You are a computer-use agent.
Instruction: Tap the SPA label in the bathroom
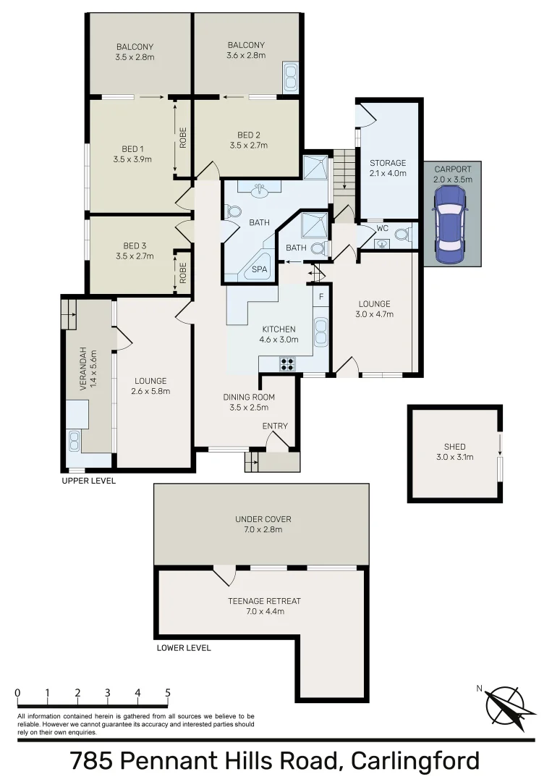(x=258, y=269)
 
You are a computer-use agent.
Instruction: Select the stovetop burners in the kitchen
(x=287, y=364)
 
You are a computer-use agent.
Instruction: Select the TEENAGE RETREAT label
(x=264, y=601)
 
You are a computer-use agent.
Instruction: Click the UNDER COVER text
(x=263, y=519)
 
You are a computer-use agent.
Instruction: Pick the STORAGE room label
(x=388, y=163)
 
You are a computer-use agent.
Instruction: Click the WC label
(x=383, y=228)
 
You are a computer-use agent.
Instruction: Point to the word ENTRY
(x=275, y=426)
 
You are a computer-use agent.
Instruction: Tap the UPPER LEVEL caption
(x=88, y=481)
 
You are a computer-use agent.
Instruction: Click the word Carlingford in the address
(x=415, y=761)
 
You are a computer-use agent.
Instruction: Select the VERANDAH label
(x=83, y=370)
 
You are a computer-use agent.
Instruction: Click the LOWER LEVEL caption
(x=184, y=648)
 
